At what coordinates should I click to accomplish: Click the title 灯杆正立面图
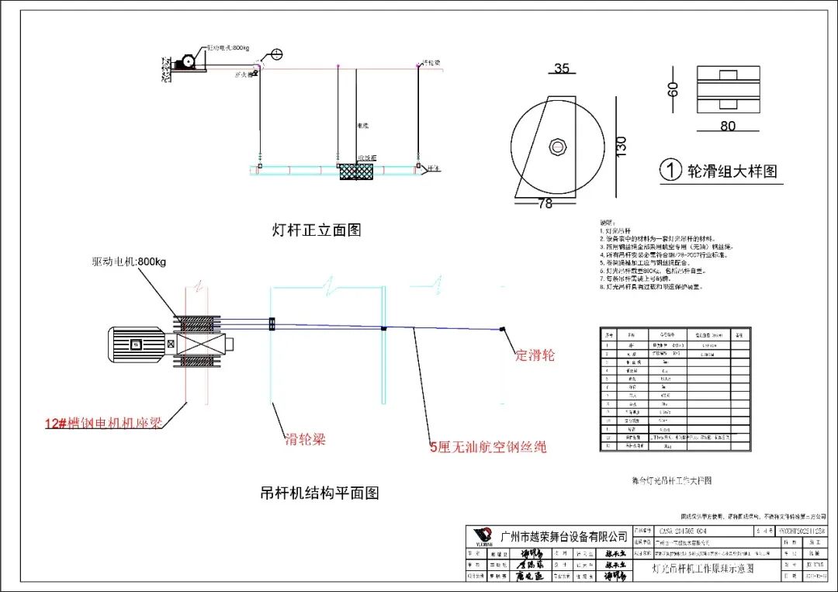coord(317,230)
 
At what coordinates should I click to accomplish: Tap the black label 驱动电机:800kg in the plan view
coord(128,261)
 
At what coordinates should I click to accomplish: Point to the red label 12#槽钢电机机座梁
coord(105,424)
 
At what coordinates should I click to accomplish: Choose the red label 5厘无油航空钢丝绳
coord(488,446)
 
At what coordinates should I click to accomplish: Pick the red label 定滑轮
coord(535,355)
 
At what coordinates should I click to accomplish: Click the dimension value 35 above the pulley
coord(562,68)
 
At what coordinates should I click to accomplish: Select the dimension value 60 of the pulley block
coord(673,91)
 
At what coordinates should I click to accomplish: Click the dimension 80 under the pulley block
coord(727,126)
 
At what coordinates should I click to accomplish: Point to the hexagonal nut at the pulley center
coord(557,146)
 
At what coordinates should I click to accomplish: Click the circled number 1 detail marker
coord(670,171)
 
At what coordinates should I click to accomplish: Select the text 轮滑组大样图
coord(732,171)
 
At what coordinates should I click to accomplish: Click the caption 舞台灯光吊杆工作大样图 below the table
coord(672,480)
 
